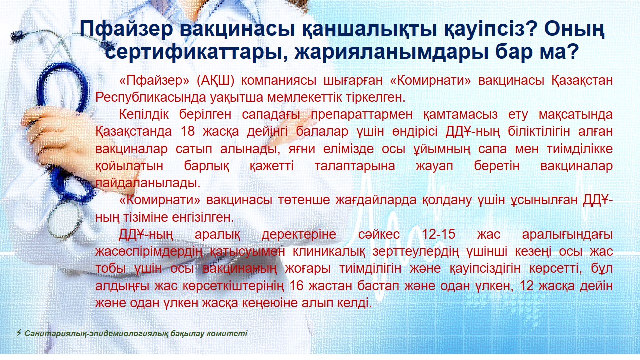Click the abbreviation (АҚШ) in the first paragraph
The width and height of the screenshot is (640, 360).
point(215,81)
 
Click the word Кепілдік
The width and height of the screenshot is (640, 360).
point(144,115)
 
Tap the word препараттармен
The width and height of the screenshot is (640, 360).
point(361,115)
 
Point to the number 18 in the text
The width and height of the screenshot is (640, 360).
point(188,131)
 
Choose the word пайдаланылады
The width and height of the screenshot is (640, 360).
point(148,183)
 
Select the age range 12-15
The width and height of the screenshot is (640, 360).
point(438,234)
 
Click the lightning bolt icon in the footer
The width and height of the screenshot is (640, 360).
point(19,333)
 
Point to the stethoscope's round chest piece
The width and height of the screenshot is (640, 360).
point(65,221)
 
